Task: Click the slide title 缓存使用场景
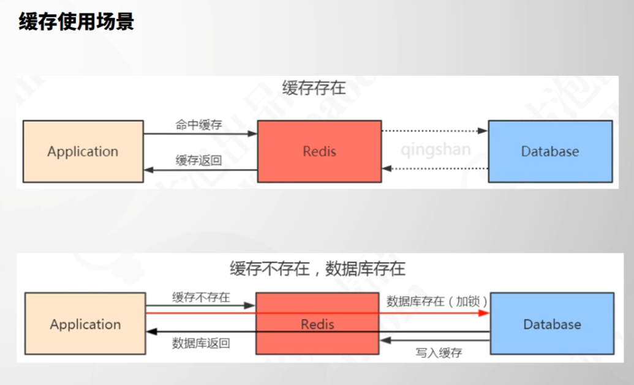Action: point(77,22)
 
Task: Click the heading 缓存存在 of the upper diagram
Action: point(314,88)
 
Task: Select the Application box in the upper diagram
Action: point(83,151)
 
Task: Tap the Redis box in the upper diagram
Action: point(319,151)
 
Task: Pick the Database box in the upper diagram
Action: point(549,151)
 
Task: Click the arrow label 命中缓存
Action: point(198,125)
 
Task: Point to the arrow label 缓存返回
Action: point(198,160)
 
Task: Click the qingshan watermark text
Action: point(436,150)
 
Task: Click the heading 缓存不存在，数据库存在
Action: point(317,269)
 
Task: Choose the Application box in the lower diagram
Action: point(85,324)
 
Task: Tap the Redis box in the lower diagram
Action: point(317,324)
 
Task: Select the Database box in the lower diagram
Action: point(552,324)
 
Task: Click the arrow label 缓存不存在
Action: point(201,297)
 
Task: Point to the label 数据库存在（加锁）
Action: point(437,301)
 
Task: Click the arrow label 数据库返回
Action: point(201,343)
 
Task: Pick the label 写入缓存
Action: point(439,353)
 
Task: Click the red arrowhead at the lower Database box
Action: point(485,313)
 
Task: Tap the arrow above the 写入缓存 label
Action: point(435,340)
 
